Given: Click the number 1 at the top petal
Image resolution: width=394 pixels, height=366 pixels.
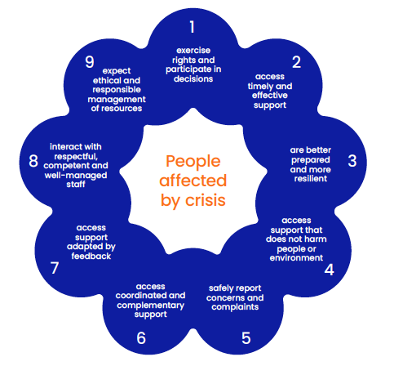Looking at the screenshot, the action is (x=193, y=27).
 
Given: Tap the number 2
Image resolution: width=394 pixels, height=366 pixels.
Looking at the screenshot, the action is (x=296, y=62).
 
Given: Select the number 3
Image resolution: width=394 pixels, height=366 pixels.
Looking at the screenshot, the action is (x=352, y=161).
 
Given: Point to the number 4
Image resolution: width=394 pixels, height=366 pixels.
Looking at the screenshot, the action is (x=329, y=270).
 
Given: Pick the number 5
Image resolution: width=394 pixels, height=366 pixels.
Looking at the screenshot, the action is (x=246, y=338).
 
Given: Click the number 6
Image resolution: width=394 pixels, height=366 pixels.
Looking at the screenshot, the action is (x=141, y=338).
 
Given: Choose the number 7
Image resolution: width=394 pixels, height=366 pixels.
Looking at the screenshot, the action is (x=55, y=268).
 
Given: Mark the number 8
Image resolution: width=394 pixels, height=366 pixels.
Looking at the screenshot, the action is (x=33, y=161).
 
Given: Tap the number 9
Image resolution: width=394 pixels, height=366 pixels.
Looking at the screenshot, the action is (x=90, y=62).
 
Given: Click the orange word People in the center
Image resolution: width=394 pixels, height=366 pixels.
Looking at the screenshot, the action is (x=193, y=162).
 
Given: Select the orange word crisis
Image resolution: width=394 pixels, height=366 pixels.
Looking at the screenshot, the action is (x=206, y=200).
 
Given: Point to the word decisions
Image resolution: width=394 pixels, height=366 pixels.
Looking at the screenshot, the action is (x=193, y=79).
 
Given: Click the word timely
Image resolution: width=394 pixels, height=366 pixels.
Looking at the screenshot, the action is (x=259, y=87).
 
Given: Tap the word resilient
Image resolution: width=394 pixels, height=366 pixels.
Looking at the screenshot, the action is (x=311, y=179).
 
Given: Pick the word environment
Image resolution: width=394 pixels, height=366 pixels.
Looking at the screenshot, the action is (x=296, y=258).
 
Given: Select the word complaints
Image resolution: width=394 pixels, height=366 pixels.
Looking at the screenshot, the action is (x=235, y=307).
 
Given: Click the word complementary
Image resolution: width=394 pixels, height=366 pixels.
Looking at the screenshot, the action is (x=150, y=306).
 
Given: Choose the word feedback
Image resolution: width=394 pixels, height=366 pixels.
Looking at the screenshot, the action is (x=91, y=257).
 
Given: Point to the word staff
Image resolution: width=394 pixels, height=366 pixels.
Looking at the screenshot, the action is (x=76, y=185).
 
